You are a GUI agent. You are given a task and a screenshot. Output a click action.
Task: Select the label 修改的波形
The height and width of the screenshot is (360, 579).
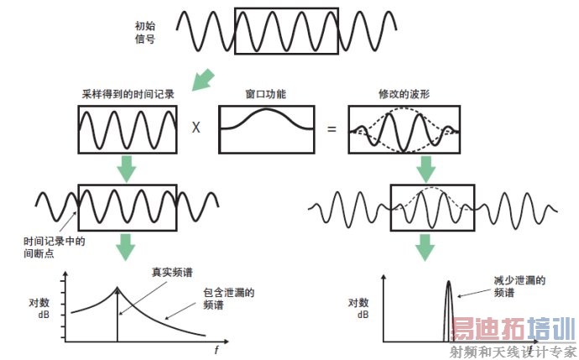pyautogui.click(x=404, y=96)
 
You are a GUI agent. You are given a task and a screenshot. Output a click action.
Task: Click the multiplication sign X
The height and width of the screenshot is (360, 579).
pyautogui.click(x=195, y=129)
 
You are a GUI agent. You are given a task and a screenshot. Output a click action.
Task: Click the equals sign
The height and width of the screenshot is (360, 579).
pyautogui.click(x=331, y=129)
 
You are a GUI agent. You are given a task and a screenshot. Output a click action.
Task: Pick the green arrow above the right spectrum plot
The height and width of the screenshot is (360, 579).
pyautogui.click(x=425, y=246)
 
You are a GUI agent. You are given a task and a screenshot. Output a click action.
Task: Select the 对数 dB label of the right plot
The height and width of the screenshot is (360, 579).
pyautogui.click(x=358, y=309)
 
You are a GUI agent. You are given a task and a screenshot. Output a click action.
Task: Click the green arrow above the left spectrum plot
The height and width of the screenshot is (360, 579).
pyautogui.click(x=126, y=246)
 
